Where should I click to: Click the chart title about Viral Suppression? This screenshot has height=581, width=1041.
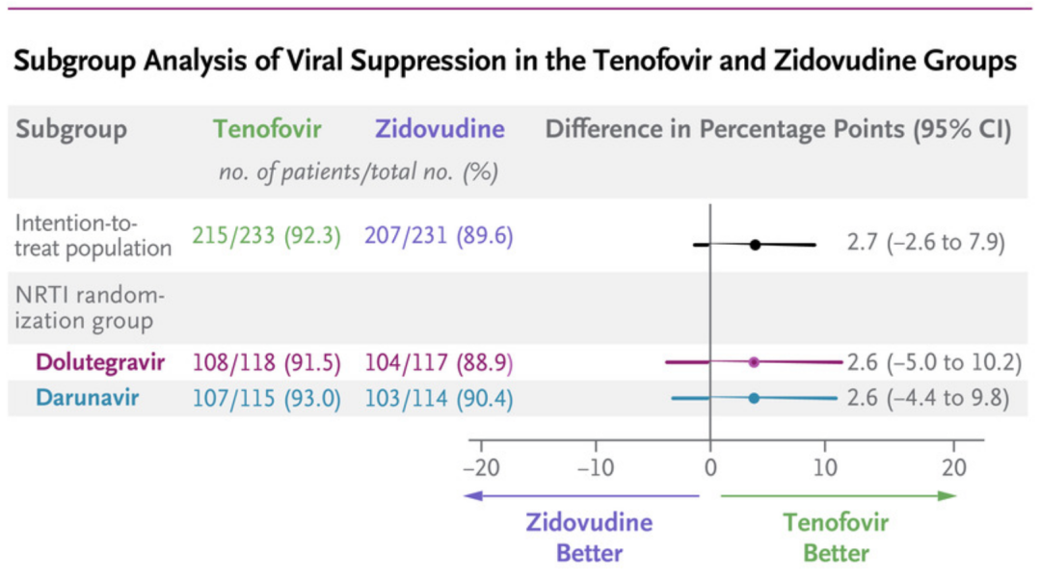[x=515, y=62]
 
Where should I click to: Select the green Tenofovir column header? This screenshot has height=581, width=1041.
[x=267, y=129]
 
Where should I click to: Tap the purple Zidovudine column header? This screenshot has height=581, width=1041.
[x=440, y=129]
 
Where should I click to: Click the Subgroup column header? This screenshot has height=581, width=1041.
[x=71, y=129]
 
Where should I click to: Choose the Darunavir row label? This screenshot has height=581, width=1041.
[x=87, y=397]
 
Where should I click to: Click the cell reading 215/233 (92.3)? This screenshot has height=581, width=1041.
[x=267, y=237]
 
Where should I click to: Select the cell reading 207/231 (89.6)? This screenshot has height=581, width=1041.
[x=440, y=237]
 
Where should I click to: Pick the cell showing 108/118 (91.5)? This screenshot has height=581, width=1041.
[x=267, y=362]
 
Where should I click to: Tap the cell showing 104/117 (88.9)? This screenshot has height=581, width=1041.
[x=440, y=362]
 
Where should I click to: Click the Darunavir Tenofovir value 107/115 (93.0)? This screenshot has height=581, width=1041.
[x=267, y=397]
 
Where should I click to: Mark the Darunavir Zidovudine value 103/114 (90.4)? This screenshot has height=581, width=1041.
[x=440, y=397]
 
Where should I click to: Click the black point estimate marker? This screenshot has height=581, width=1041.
[x=755, y=245]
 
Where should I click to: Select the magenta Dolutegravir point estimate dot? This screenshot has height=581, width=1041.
[x=754, y=362]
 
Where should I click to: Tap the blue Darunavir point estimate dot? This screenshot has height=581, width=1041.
[x=754, y=397]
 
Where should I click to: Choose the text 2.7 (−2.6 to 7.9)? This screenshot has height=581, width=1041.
[x=925, y=242]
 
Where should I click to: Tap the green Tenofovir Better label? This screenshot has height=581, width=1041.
[x=836, y=538]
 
